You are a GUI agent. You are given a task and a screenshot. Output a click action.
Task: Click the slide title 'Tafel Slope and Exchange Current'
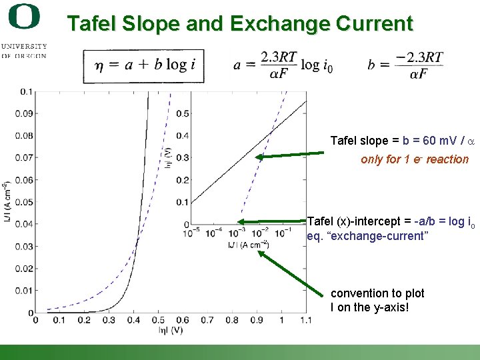[x=240, y=24]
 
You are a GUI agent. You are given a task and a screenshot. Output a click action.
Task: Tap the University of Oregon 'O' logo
[x=25, y=17]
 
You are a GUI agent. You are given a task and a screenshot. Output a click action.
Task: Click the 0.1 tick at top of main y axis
[x=27, y=91]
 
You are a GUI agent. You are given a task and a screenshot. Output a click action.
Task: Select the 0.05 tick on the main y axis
[x=25, y=202]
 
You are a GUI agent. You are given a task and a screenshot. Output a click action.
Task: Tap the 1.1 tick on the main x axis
[x=306, y=321]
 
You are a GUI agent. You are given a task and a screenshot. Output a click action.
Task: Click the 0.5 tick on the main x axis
[x=158, y=321]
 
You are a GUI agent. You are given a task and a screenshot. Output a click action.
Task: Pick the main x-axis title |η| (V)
[x=170, y=330]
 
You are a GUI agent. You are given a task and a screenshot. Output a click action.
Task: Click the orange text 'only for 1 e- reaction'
[x=414, y=160]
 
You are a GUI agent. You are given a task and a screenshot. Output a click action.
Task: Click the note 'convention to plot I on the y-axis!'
[x=377, y=300]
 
